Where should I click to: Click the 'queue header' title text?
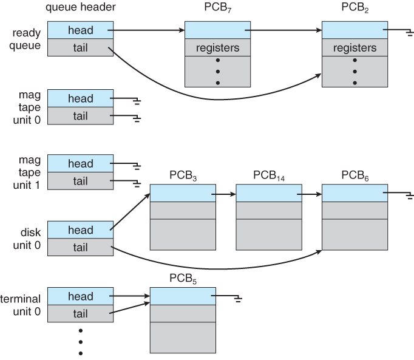coord(80,8)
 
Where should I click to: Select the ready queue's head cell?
coord(80,30)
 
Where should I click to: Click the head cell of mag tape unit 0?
coord(80,98)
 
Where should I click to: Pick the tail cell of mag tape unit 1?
coord(80,181)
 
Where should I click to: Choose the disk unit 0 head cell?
coord(80,230)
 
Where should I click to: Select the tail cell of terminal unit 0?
coord(80,313)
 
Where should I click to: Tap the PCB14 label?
coord(269,175)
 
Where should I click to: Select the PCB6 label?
coord(354,175)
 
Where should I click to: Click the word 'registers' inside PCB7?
coord(217,47)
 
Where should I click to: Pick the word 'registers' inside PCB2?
coord(355,47)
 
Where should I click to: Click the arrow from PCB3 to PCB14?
coord(224,194)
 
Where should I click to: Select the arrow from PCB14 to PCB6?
coord(310,194)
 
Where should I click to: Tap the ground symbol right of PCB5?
coord(238,299)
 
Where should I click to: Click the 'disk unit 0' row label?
coord(27,239)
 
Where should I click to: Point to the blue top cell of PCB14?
coord(268,193)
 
